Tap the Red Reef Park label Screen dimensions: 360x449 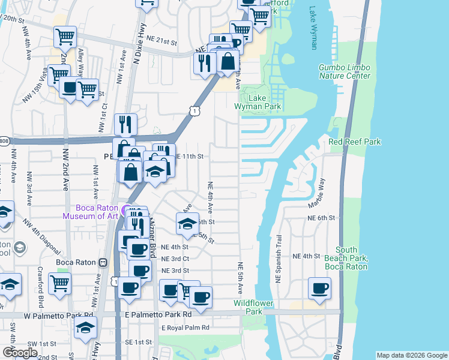click(354, 142)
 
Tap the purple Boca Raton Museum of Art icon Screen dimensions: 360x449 click(125, 211)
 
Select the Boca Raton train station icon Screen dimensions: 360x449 click(103, 263)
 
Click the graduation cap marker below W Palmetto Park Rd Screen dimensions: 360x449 click(86, 327)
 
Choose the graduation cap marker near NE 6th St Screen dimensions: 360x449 click(187, 223)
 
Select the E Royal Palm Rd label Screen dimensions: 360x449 click(185, 328)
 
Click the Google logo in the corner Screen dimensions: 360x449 click(20, 353)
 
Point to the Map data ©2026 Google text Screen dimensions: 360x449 click(411, 355)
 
